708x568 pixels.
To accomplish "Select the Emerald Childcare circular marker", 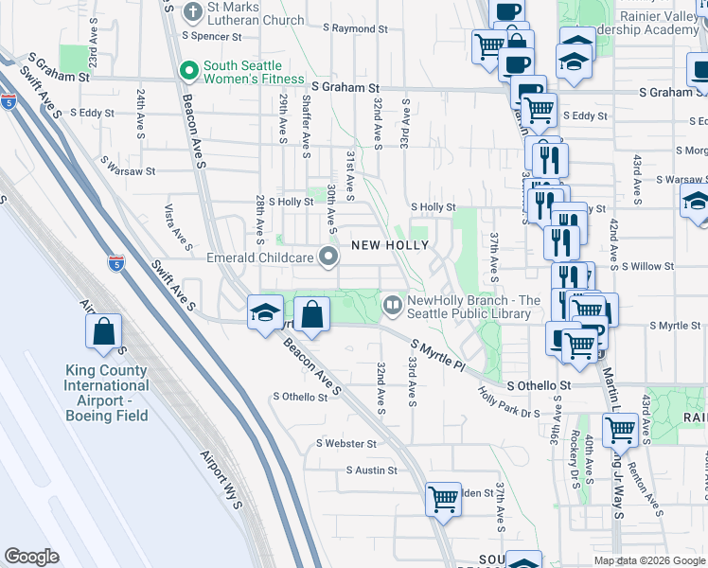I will click(328, 257).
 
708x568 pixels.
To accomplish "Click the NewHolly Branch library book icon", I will click(393, 306).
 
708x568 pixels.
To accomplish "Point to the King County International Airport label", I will click(106, 385).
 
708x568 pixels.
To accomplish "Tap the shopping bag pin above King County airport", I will click(104, 330).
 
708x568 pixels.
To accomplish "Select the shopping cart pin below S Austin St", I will click(443, 498).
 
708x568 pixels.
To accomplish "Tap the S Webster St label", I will click(346, 443).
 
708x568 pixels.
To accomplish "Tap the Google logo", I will click(32, 557).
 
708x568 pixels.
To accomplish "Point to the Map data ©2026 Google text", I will click(649, 560).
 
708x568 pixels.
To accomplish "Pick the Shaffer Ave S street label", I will click(306, 118).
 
